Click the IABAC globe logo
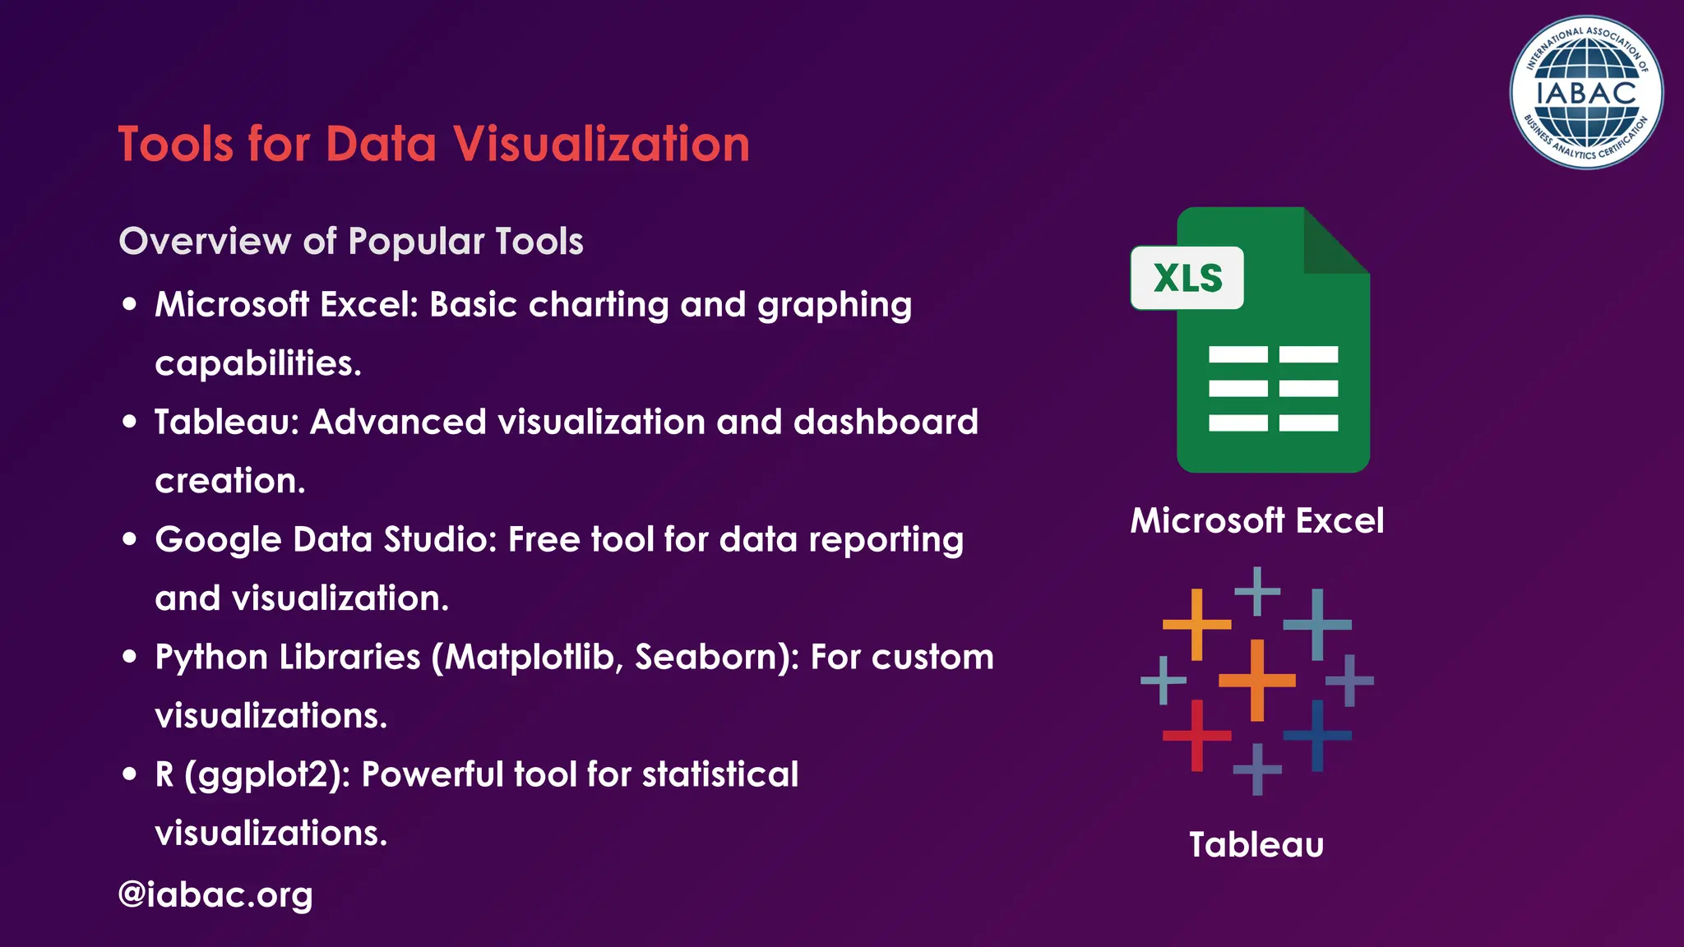[x=1586, y=93]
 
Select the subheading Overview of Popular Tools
[x=351, y=242]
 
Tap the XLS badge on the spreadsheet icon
[x=1187, y=278]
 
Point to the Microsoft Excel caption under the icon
[x=1256, y=520]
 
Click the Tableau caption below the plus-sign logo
[x=1256, y=844]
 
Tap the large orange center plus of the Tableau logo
[x=1256, y=680]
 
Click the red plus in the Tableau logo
[x=1196, y=735]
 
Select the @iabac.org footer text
[x=215, y=894]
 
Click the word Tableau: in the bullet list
[x=226, y=423]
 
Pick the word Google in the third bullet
[x=218, y=540]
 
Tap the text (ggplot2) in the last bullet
[x=262, y=775]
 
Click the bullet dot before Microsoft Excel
[x=129, y=304]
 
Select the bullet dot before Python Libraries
[x=129, y=657]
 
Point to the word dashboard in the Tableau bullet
[x=886, y=423]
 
